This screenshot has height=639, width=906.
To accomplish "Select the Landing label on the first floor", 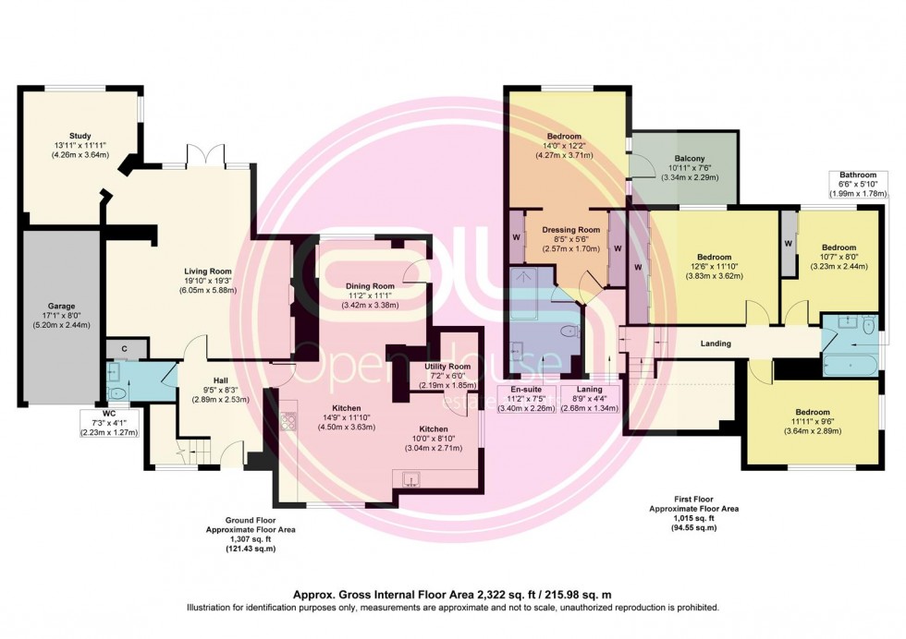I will point(716,344).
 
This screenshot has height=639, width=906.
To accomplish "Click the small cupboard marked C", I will point(125,349).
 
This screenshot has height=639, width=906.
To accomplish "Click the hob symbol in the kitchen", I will point(288,422).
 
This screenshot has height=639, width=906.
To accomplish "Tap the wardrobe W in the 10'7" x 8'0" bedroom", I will point(789,244).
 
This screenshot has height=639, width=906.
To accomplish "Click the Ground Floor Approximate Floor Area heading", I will point(240,525).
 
